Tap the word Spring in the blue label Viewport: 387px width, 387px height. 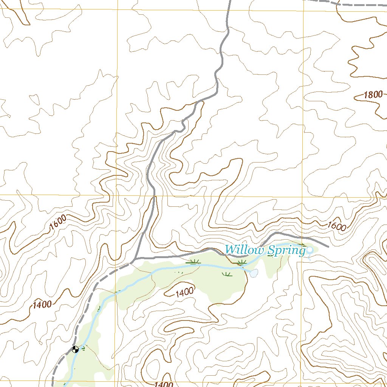(286, 250)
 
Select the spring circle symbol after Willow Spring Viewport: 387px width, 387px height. (310, 250)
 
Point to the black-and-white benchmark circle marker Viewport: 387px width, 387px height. (75, 349)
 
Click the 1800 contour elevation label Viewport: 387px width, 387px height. (373, 95)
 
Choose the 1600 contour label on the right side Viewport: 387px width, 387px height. (337, 226)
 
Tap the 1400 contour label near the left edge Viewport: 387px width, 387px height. (42, 304)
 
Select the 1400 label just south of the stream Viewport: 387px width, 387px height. (185, 291)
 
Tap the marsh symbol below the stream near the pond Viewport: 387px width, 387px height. (227, 274)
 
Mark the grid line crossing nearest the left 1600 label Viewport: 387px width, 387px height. (116, 196)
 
